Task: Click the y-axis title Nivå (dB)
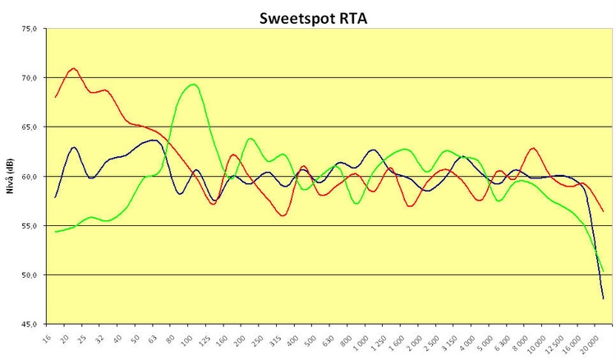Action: coord(9,175)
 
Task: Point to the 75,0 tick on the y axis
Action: coord(29,29)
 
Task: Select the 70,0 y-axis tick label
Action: coord(29,78)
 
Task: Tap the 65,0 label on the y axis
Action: coord(29,127)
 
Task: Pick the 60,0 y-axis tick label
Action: coord(29,177)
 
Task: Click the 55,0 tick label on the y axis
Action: coord(29,226)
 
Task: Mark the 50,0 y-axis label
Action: coord(29,275)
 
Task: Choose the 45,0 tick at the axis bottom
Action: coord(29,324)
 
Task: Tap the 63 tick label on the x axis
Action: coord(153,337)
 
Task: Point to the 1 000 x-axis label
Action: coord(371,341)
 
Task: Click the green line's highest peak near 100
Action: coord(193,84)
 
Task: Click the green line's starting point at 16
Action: coord(56,232)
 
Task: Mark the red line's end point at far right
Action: coord(604,211)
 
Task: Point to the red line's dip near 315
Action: coord(283,215)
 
